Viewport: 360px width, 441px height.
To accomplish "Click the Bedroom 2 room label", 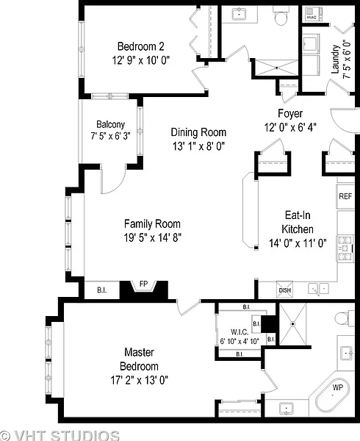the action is [141, 46].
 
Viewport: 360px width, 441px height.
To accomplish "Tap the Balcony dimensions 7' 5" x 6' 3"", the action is [110, 136].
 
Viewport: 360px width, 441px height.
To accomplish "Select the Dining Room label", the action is [198, 132].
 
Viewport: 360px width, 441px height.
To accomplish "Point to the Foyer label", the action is [290, 113].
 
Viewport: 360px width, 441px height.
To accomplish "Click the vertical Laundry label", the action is [336, 60].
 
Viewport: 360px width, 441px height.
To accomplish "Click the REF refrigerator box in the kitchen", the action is [345, 196].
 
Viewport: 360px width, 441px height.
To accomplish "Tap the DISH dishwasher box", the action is [284, 290].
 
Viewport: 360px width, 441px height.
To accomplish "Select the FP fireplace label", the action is [143, 284].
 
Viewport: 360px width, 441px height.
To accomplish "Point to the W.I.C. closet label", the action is [240, 332].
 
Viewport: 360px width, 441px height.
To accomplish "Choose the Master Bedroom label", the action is [139, 359].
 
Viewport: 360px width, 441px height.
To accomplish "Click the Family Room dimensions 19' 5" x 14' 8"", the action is [152, 238].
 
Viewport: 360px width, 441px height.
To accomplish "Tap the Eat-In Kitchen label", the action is [298, 222].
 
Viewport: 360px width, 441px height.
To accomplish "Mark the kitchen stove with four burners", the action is [345, 248].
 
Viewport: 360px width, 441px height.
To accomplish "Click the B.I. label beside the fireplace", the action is [101, 290].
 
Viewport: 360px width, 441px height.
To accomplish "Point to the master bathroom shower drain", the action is [293, 324].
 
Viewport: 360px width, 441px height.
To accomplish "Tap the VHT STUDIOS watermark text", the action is [60, 436].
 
